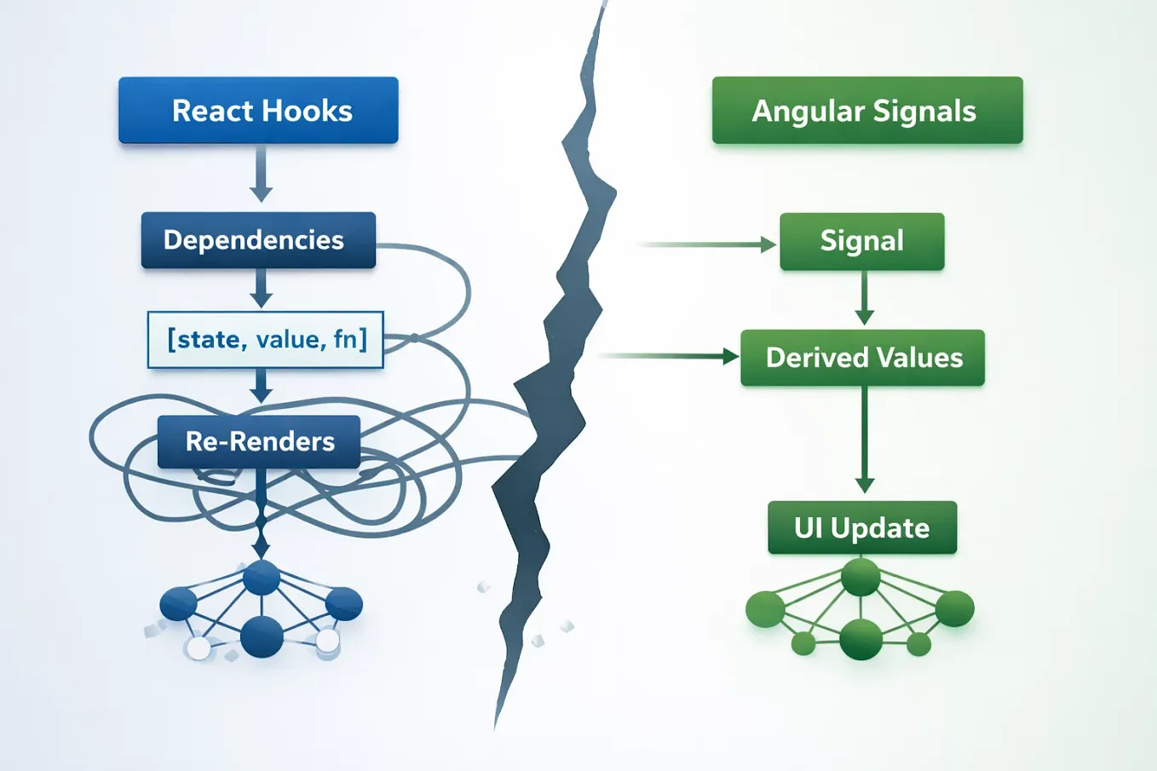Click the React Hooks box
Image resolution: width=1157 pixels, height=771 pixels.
(x=258, y=111)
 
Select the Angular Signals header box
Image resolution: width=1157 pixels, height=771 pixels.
(x=867, y=111)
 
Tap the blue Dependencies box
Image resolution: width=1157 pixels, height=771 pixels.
(x=258, y=240)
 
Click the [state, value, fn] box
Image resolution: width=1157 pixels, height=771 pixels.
(x=266, y=340)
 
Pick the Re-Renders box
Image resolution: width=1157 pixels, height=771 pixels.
(x=259, y=441)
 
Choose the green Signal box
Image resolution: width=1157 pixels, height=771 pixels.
(x=861, y=241)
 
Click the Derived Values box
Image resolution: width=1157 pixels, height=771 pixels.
(x=862, y=358)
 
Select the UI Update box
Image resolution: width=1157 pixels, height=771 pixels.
(x=862, y=528)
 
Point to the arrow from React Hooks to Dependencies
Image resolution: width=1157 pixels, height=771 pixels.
(x=262, y=175)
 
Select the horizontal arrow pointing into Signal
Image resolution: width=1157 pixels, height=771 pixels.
(x=707, y=245)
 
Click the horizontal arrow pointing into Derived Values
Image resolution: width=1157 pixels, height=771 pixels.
(x=669, y=356)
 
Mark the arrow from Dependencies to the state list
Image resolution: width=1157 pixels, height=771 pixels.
(x=262, y=288)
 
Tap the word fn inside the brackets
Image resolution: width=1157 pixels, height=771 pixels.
(x=346, y=340)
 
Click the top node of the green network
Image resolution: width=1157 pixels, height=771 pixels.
(x=861, y=578)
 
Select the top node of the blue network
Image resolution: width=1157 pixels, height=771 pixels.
(x=262, y=578)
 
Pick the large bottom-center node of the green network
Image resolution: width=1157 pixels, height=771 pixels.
(x=861, y=638)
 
